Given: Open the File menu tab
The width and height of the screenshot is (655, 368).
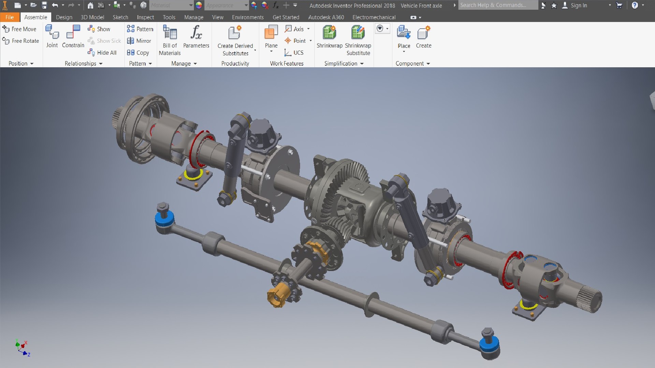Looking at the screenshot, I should (x=10, y=17).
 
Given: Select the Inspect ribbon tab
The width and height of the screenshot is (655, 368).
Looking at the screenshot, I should (x=145, y=17).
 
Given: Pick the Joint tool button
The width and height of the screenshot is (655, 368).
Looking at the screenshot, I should (x=52, y=36).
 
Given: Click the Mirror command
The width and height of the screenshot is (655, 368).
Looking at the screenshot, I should (x=139, y=41).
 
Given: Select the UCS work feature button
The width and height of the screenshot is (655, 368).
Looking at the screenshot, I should (x=294, y=53).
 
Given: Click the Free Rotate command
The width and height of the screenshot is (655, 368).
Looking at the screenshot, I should (x=21, y=41).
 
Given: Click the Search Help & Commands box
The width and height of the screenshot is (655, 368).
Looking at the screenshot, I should (x=497, y=5).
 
